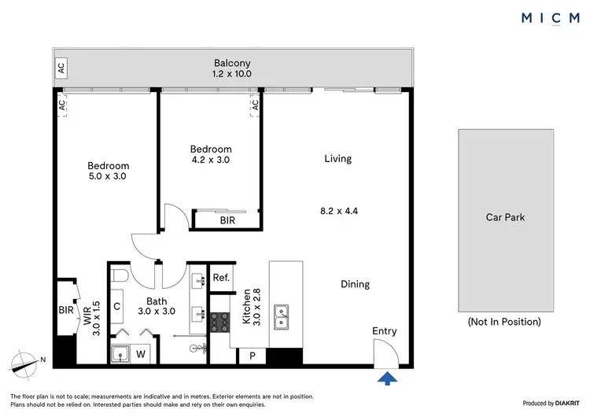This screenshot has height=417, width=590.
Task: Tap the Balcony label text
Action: (x=232, y=63)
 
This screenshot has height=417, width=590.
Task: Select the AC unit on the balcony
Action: (x=61, y=68)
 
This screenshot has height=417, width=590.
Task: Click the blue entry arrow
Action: (x=386, y=379)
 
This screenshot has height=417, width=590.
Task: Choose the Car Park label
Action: (x=505, y=216)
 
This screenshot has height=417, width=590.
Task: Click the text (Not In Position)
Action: (x=504, y=322)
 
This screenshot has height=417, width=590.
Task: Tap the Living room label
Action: (x=337, y=158)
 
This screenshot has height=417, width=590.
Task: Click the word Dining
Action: (x=355, y=284)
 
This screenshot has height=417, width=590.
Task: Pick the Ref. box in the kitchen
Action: (x=221, y=278)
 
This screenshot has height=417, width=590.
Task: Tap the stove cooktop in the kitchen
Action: (x=218, y=322)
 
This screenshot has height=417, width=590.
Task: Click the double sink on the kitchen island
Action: (x=281, y=318)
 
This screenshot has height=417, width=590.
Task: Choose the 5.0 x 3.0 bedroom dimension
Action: (x=108, y=176)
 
